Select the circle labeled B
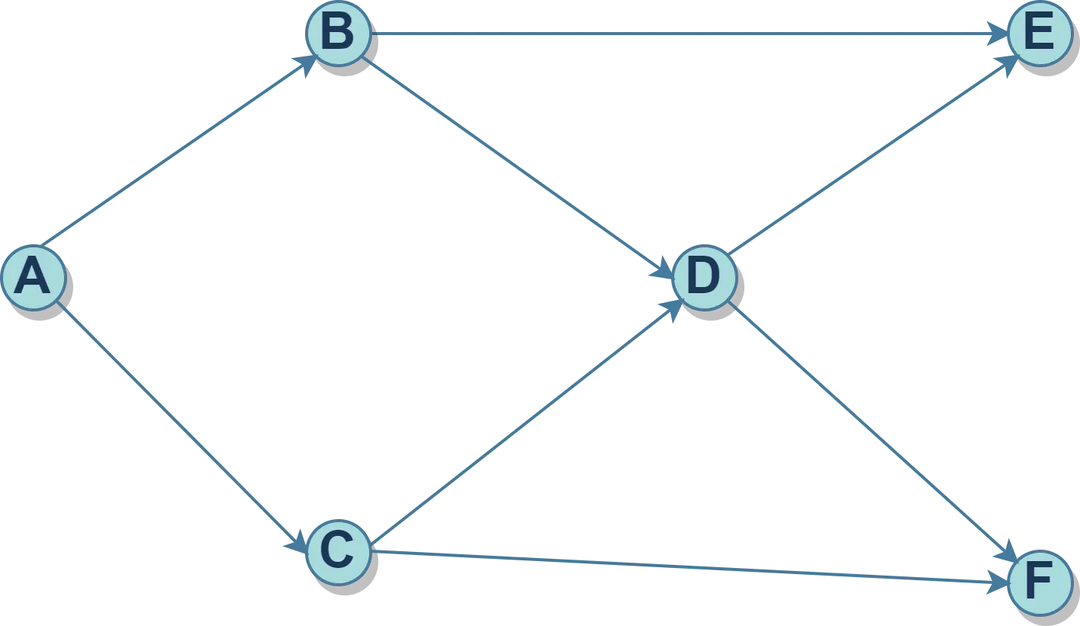[x=338, y=34]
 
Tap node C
[x=338, y=552]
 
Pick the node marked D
[x=704, y=276]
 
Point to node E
[x=1040, y=34]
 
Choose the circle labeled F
[x=1040, y=584]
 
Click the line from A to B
[x=175, y=153]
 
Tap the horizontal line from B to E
[x=686, y=34]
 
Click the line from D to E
[x=869, y=157]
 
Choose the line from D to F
[x=869, y=431]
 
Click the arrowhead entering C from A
[x=297, y=544]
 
